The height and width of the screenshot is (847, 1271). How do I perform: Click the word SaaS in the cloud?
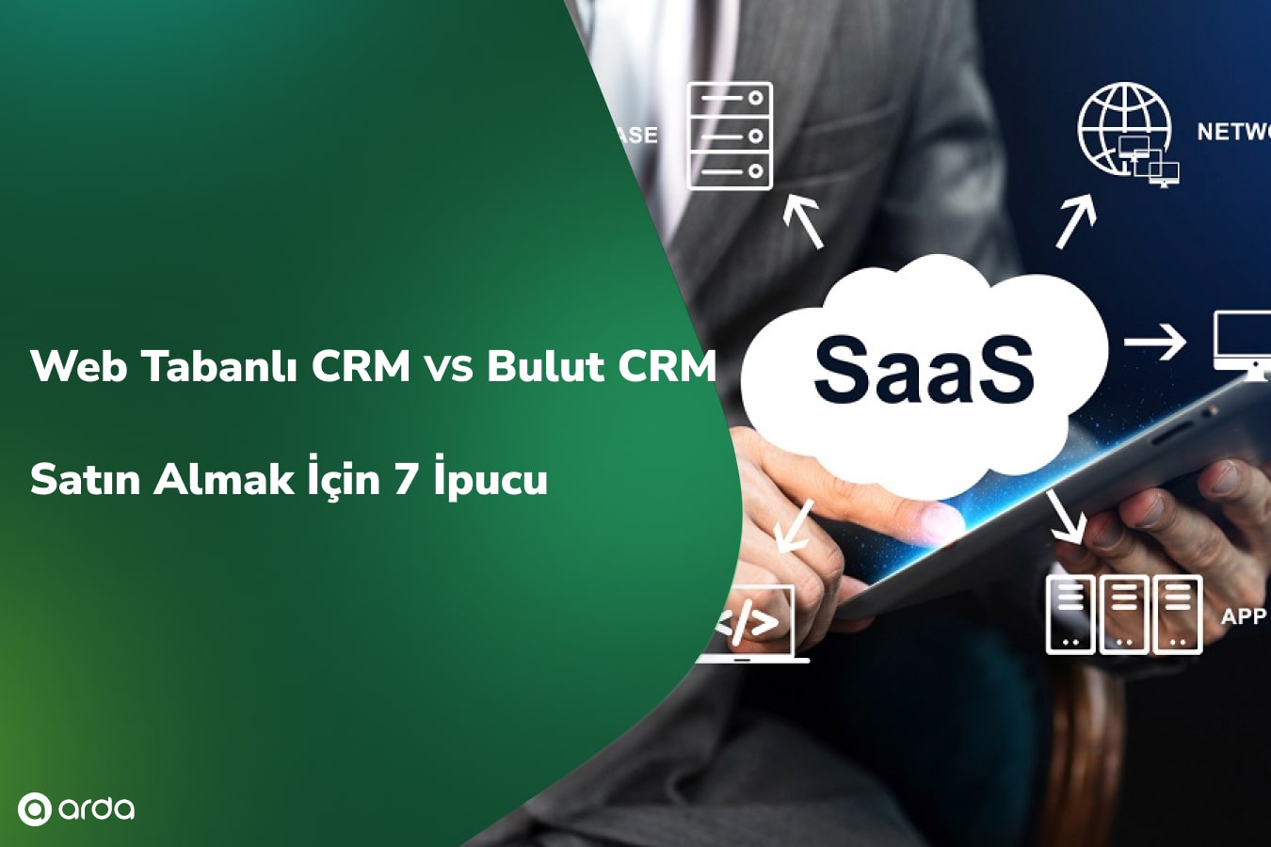[x=924, y=369]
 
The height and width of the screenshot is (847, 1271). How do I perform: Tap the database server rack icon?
[x=730, y=136]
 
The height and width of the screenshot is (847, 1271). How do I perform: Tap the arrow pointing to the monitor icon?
[x=1155, y=342]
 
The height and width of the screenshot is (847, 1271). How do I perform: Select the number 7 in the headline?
[x=406, y=480]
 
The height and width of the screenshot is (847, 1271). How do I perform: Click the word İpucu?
[x=491, y=479]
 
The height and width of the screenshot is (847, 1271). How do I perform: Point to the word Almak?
[x=224, y=480]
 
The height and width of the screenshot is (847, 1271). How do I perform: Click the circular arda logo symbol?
[x=34, y=809]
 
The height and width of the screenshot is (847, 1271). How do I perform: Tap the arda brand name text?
[x=96, y=808]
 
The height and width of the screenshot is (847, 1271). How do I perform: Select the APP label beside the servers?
[x=1243, y=616]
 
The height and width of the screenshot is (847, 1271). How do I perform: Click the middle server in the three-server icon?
[x=1124, y=615]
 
